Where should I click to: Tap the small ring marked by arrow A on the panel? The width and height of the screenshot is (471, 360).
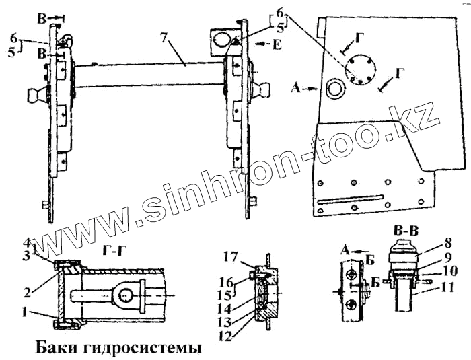coord(334,87)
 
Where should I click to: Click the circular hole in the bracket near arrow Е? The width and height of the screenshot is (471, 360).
coord(221,42)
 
